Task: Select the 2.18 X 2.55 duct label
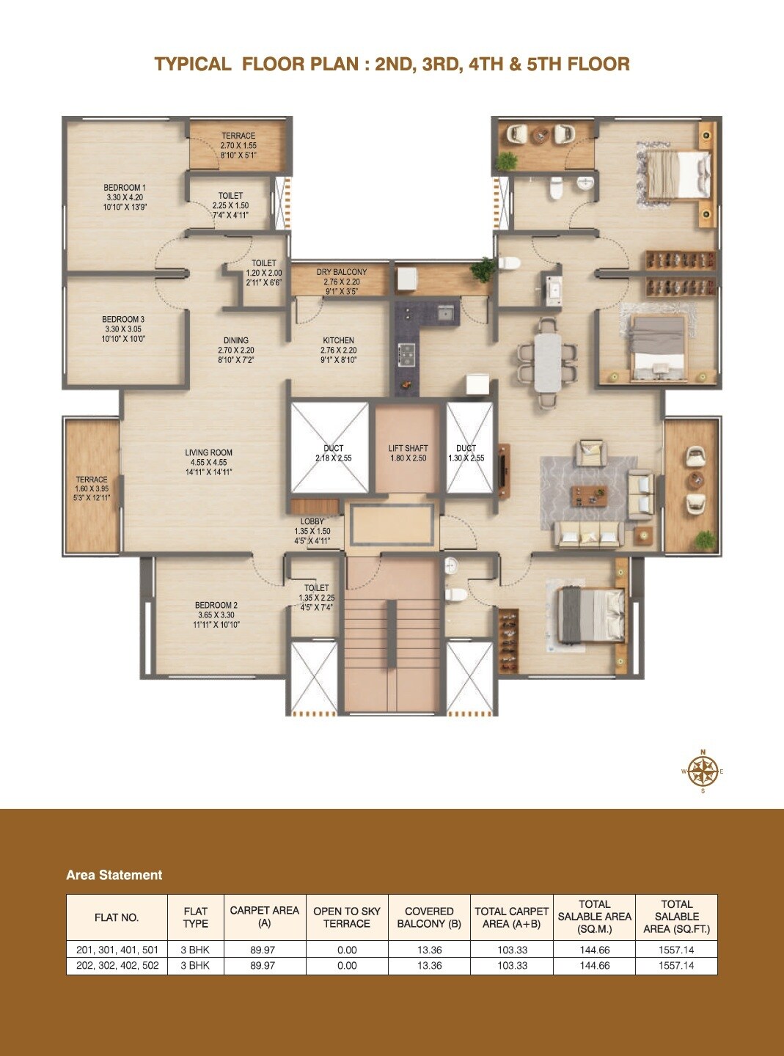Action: tap(333, 453)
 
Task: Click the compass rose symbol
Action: tap(703, 771)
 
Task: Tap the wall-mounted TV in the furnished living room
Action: tap(503, 466)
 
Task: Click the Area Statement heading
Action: tap(114, 875)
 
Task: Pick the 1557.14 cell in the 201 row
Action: tap(676, 950)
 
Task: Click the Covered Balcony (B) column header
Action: tap(429, 917)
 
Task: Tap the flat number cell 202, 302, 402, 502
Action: tap(117, 966)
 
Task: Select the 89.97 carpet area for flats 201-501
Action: tap(263, 950)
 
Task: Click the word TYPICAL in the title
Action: tap(192, 65)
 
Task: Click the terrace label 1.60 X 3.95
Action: tap(92, 488)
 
